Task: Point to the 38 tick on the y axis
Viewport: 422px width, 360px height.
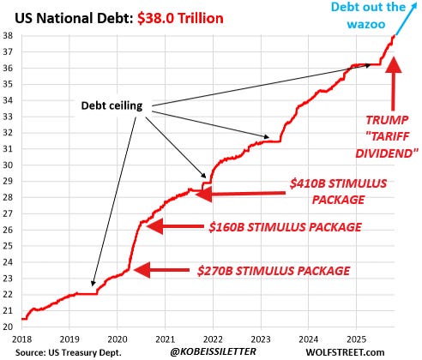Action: point(8,36)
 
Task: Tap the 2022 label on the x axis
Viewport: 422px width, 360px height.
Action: point(214,339)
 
